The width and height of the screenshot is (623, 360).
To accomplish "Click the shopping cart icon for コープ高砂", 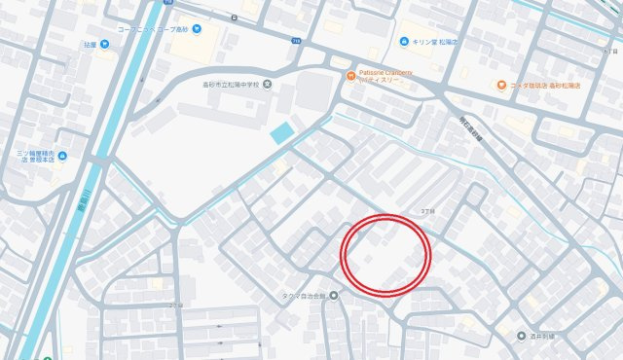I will point(198,28).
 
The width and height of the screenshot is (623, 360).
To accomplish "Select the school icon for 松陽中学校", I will point(267,84).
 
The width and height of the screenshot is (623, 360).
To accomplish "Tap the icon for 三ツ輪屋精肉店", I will point(62,155).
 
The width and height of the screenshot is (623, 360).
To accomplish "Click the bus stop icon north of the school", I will point(234,18).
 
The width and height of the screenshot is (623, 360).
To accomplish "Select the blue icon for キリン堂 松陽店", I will point(404,42).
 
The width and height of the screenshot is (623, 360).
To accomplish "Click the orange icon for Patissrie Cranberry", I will point(347,76).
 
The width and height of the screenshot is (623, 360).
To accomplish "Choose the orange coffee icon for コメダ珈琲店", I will point(501,85).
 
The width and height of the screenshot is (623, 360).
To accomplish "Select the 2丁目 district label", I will point(173,306).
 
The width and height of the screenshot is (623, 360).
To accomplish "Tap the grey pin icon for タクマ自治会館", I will point(334,295).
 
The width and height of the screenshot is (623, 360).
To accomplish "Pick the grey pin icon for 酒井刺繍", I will point(521,335).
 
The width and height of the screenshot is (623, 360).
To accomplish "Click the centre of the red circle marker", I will point(385,253).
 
